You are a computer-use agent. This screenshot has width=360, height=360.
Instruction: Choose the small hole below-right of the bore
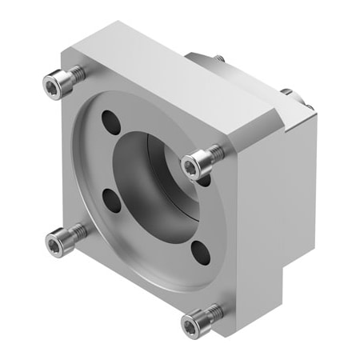[201, 255]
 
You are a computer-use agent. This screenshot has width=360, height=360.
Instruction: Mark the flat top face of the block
[176, 80]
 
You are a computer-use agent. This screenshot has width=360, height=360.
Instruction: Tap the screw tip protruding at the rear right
[286, 92]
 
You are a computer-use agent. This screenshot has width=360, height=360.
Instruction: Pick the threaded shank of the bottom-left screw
[74, 232]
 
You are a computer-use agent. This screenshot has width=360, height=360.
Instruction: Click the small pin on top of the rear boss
[218, 57]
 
